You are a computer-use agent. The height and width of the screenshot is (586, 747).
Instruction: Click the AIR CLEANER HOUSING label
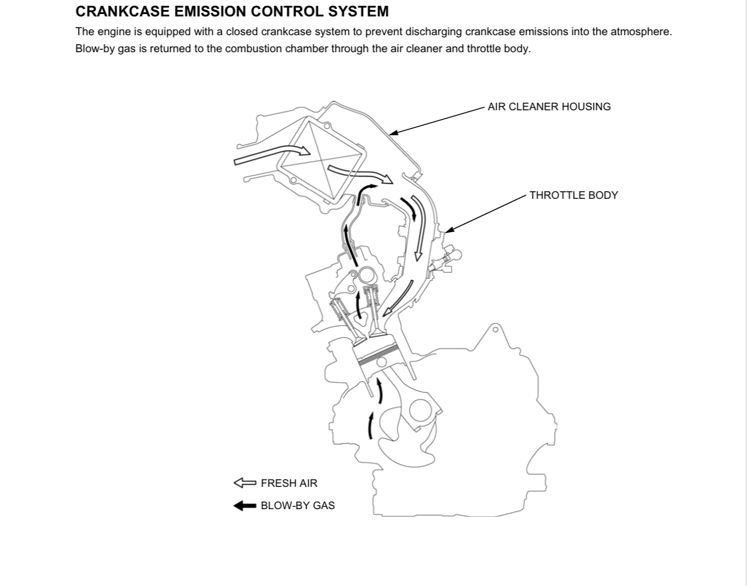coord(549,107)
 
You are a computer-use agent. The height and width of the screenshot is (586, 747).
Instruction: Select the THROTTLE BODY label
coord(573,195)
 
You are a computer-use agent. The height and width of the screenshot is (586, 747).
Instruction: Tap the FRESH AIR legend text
coord(289,483)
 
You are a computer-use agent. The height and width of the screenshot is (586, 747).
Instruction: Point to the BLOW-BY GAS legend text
coord(298,506)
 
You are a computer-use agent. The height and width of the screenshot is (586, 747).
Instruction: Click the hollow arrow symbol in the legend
coord(245,483)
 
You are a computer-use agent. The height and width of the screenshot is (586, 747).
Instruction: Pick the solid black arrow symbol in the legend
coord(245,506)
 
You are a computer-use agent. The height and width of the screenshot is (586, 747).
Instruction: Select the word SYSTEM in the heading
coord(359,11)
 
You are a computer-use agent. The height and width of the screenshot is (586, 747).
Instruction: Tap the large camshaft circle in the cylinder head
coord(367,275)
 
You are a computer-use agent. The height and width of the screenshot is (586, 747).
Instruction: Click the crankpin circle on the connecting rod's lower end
coord(420,411)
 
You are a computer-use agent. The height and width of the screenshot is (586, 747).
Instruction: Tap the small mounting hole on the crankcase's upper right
coord(495,330)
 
